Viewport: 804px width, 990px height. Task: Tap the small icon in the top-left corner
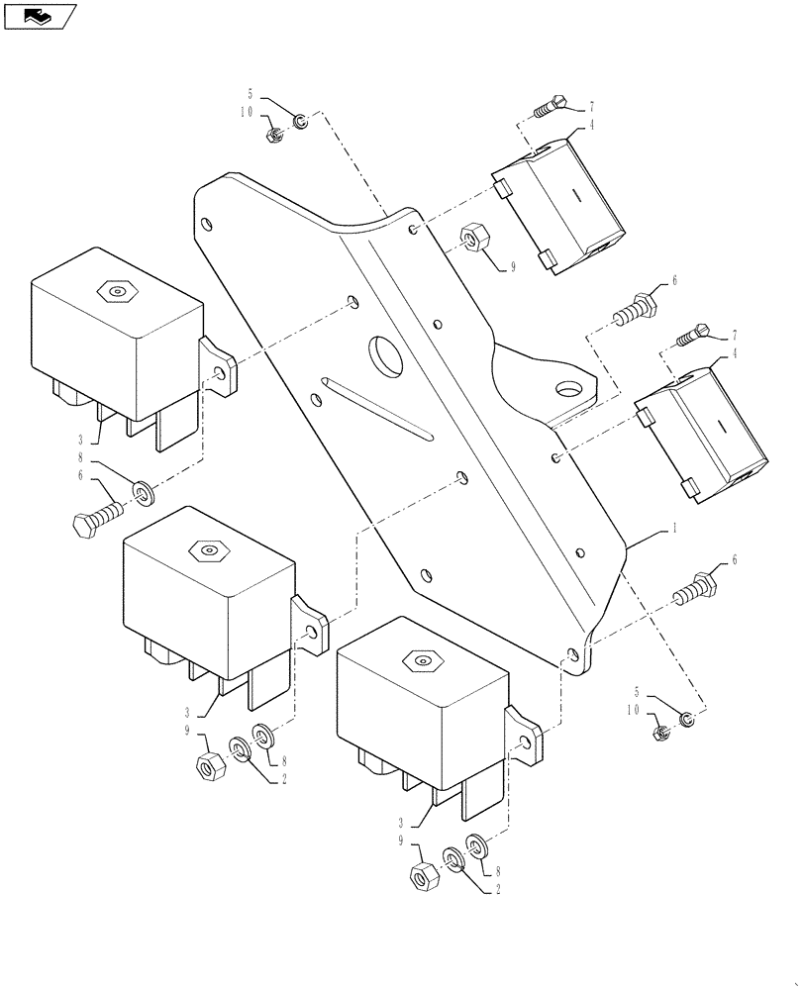[x=40, y=16]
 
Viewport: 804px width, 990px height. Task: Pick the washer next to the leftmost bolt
[x=143, y=491]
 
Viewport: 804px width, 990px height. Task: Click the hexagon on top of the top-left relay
[x=117, y=291]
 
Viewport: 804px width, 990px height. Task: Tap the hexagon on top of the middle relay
[x=208, y=550]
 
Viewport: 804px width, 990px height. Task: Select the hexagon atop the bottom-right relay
[x=423, y=658]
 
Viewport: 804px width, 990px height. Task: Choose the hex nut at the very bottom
[x=423, y=876]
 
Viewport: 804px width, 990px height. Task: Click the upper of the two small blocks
[x=559, y=203]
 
